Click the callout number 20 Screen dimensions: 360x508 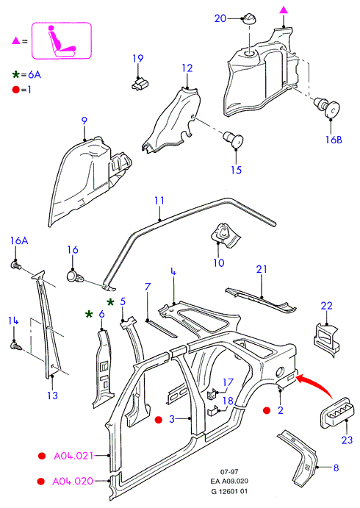220,18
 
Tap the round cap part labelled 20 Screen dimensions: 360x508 249,18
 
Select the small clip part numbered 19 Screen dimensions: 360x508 140,83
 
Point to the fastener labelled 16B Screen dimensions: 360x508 327,107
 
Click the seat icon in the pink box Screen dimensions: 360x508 62,42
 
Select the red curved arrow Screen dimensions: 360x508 316,384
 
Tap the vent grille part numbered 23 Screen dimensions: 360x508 336,412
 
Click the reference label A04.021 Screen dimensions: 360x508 73,456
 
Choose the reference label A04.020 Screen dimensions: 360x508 73,481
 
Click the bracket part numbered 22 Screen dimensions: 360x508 326,339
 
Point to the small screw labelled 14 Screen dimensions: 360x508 16,346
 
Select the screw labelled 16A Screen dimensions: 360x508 16,265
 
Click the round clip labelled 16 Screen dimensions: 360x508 75,276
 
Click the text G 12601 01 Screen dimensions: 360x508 229,491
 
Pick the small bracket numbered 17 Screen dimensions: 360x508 212,393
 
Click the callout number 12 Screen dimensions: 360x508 187,68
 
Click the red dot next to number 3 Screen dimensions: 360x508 158,420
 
